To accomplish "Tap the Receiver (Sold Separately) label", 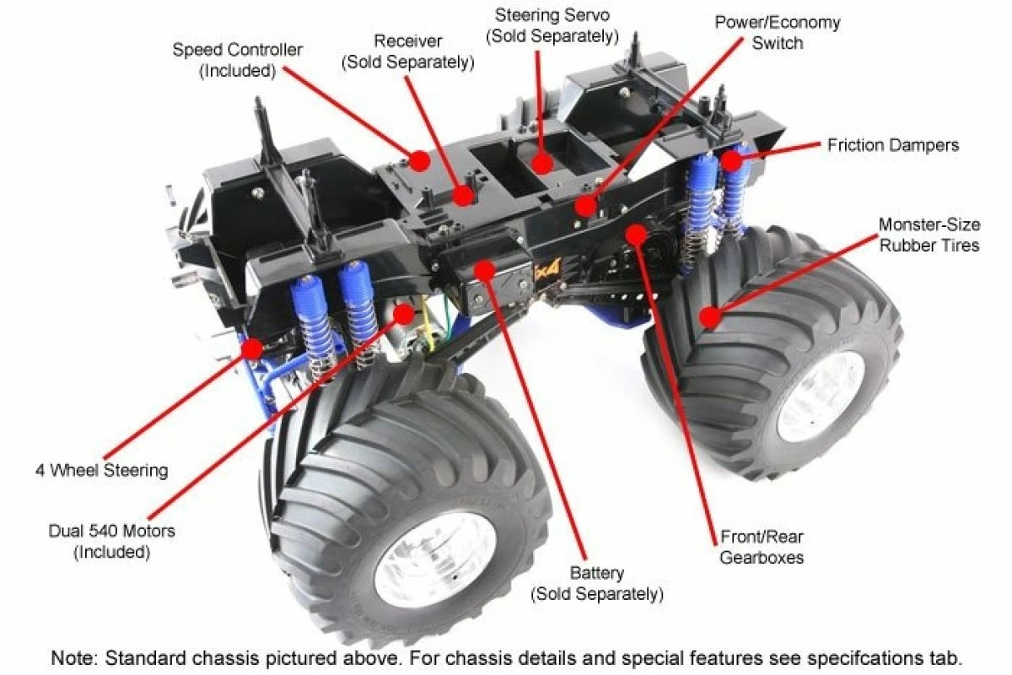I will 408,51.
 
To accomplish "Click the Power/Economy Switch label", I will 777,32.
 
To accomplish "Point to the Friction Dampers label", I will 892,145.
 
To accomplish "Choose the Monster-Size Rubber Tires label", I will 929,235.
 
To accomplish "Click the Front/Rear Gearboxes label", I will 762,547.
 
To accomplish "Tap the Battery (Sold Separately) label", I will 596,584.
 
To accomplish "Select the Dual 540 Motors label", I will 111,542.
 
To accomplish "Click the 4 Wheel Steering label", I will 102,470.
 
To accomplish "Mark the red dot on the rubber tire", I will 710,317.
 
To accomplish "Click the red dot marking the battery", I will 484,271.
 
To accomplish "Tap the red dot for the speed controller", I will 419,159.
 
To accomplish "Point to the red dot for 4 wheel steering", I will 251,348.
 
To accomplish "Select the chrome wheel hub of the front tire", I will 435,559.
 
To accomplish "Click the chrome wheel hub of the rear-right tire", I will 820,397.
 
